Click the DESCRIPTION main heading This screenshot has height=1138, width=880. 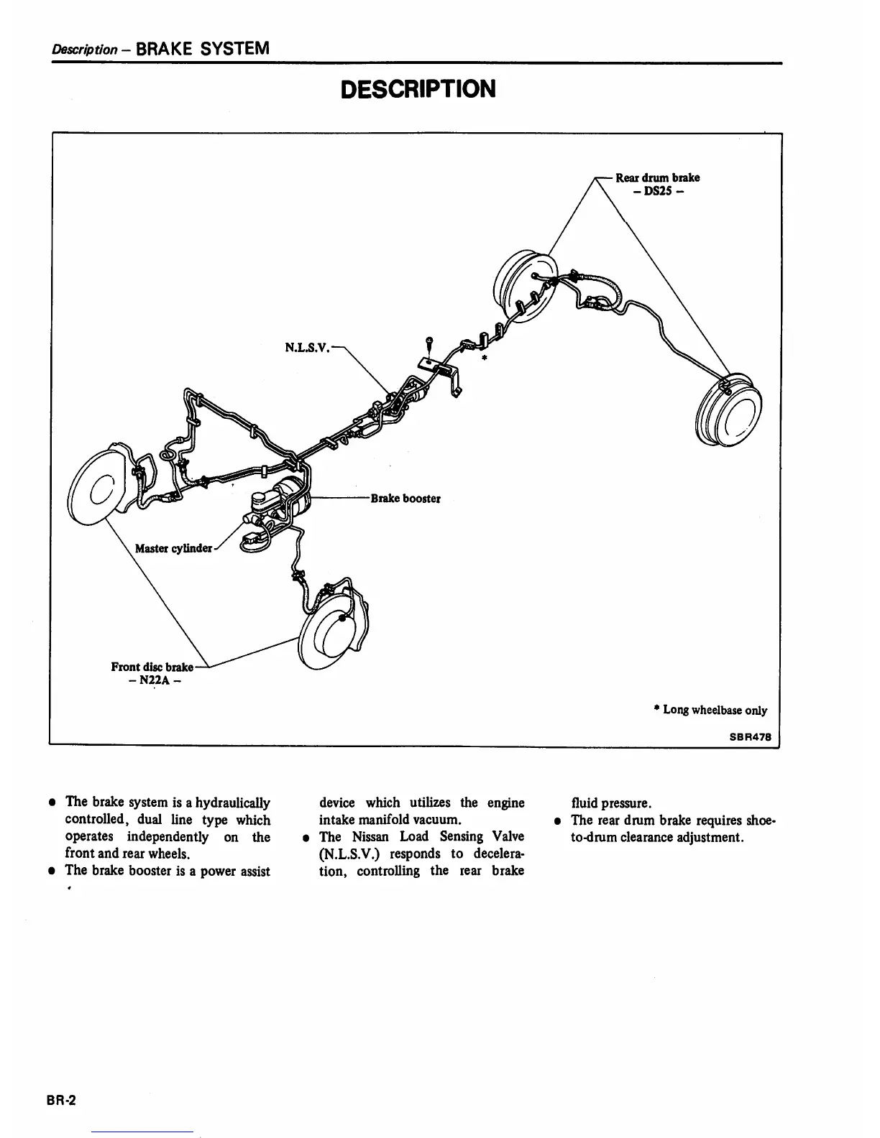tap(418, 90)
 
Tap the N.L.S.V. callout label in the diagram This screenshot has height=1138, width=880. tap(307, 348)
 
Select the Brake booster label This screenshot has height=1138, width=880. tap(405, 499)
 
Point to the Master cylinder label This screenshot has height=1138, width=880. tap(174, 549)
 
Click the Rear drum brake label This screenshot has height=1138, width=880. tap(657, 177)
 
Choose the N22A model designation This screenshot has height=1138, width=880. tap(150, 681)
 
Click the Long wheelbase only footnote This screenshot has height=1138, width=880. tap(710, 710)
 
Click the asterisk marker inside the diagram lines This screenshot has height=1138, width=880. tap(485, 357)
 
